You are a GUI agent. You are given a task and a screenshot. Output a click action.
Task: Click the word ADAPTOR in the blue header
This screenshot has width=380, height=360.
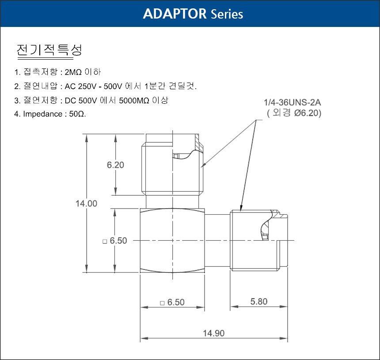pyautogui.click(x=175, y=14)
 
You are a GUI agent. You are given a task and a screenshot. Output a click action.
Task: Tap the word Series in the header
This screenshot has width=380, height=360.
pyautogui.click(x=227, y=14)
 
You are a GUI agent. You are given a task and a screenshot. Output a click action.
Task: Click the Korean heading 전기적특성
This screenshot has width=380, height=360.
pyautogui.click(x=49, y=50)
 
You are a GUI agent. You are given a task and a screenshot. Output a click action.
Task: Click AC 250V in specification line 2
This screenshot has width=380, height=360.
pyautogui.click(x=80, y=86)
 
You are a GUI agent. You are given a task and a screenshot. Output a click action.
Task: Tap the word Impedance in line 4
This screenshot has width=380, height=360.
pyautogui.click(x=43, y=114)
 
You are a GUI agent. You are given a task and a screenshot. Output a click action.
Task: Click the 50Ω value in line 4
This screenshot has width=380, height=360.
pyautogui.click(x=77, y=114)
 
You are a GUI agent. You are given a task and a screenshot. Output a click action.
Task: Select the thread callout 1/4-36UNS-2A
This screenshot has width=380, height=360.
pyautogui.click(x=292, y=102)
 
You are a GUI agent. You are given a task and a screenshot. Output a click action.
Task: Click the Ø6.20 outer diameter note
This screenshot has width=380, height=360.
pyautogui.click(x=308, y=113)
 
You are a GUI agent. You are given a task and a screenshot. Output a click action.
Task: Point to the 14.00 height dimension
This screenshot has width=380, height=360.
pyautogui.click(x=86, y=204)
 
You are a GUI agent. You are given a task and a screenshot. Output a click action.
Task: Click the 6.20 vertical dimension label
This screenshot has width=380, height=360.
pyautogui.click(x=115, y=165)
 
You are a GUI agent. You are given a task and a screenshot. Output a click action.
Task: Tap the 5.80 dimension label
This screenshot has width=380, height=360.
pyautogui.click(x=259, y=302)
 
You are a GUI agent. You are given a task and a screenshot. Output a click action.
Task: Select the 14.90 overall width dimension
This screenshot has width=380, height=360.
pyautogui.click(x=213, y=333)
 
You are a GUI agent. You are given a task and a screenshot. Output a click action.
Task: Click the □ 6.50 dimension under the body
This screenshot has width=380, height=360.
pyautogui.click(x=172, y=302)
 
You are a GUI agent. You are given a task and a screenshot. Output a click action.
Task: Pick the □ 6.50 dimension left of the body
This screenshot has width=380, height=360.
pyautogui.click(x=115, y=241)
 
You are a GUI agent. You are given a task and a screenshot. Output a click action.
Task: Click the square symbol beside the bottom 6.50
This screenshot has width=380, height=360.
pyautogui.click(x=162, y=303)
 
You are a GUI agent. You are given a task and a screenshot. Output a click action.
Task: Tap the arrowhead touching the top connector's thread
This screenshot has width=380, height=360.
pyautogui.click(x=203, y=165)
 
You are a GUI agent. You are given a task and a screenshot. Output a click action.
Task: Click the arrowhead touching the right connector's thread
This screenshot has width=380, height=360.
pyautogui.click(x=241, y=208)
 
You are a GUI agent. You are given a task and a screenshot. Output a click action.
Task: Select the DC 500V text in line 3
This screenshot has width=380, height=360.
pyautogui.click(x=81, y=100)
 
